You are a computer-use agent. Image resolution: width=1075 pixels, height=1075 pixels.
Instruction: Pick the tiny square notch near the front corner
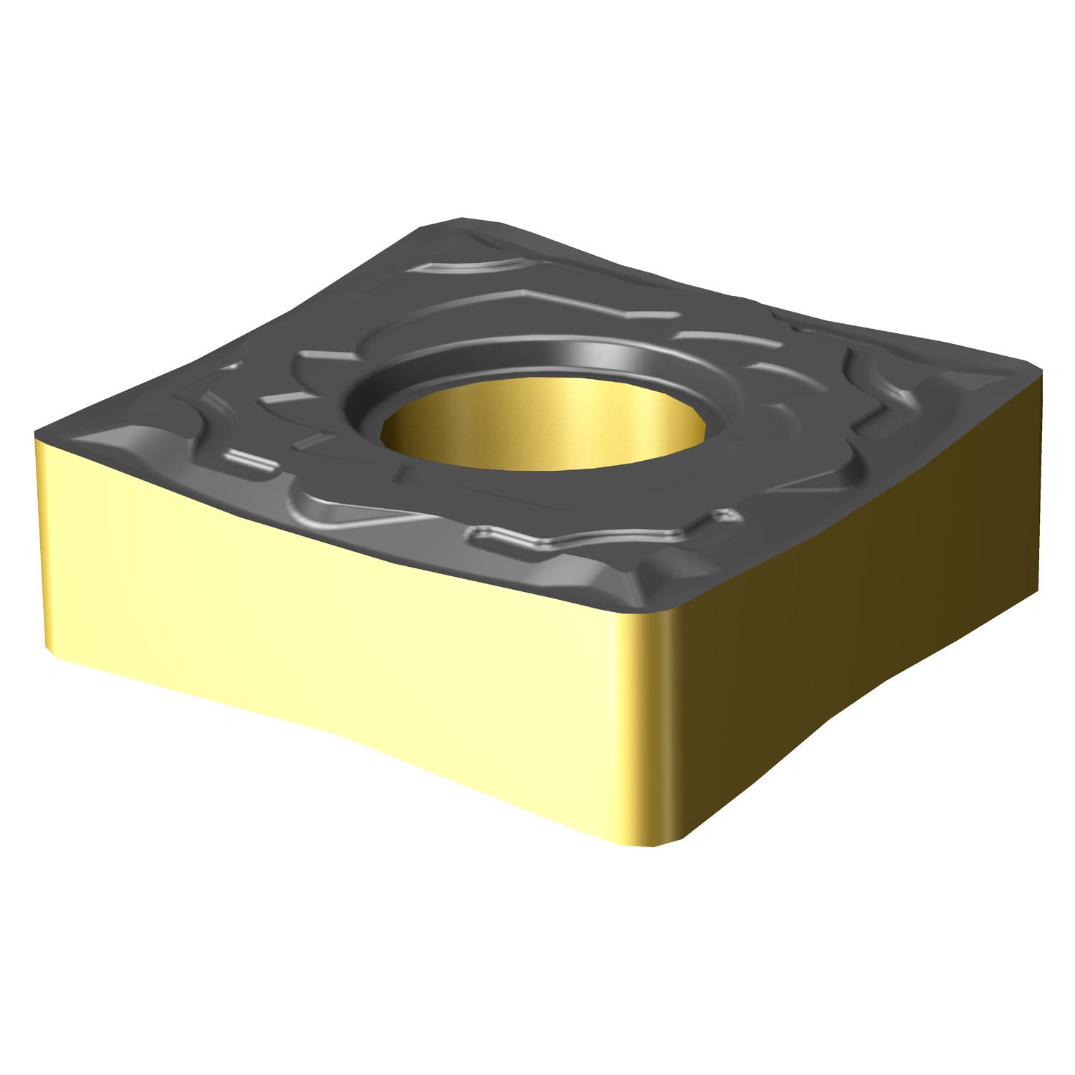pos(730,515)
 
